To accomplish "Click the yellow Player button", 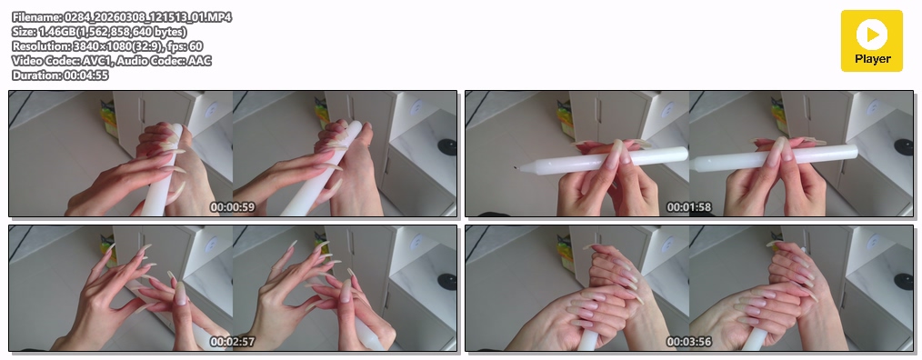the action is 871,41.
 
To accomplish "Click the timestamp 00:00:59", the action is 233,207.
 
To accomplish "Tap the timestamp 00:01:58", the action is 689,207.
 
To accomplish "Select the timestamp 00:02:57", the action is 233,342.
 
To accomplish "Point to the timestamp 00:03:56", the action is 689,342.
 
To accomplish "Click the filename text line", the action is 122,17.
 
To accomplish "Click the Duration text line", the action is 60,75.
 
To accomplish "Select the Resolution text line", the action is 107,46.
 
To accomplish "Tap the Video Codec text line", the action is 112,61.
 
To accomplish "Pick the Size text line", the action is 99,32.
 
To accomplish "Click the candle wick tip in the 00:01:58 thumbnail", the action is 515,167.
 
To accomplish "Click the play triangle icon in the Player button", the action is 873,35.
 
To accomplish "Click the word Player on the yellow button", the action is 873,59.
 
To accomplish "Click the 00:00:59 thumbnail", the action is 233,154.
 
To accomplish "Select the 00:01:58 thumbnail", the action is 689,154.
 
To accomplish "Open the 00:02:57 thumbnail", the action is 233,288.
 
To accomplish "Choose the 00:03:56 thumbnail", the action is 689,288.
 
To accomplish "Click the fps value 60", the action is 195,46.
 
